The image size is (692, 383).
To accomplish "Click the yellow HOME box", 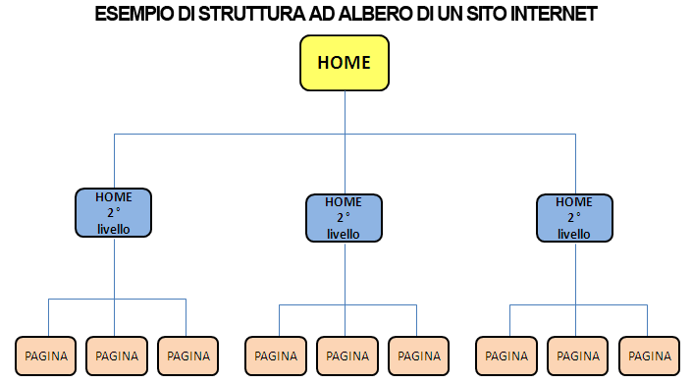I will click(x=344, y=63).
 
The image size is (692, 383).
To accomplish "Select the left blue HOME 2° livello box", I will click(x=114, y=212).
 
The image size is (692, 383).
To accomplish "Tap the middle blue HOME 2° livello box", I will click(x=344, y=218).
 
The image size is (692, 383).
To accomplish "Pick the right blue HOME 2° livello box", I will click(x=574, y=218).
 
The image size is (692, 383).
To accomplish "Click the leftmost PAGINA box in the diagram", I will click(x=46, y=356).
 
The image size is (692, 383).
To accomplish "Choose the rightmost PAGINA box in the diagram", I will click(x=650, y=356).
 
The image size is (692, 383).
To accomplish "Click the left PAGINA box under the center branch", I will click(x=277, y=356).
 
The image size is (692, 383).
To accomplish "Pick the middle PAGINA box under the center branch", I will click(x=347, y=356).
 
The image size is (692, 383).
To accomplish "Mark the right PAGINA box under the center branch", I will click(x=419, y=356).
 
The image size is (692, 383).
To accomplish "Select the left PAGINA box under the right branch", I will click(x=507, y=356).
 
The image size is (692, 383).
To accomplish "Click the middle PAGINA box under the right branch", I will click(x=578, y=356).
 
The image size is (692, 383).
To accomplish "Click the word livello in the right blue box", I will click(x=574, y=234).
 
